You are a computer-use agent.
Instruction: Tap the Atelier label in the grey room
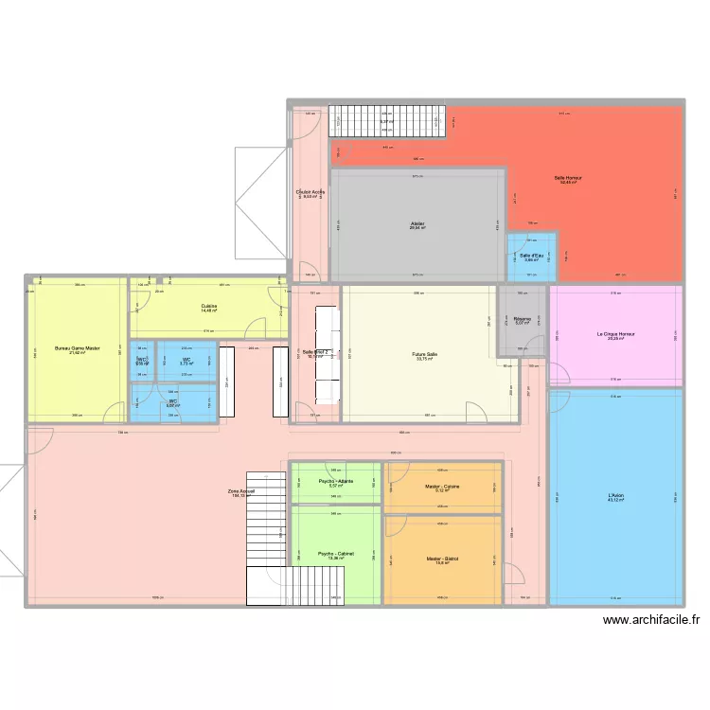coord(417,223)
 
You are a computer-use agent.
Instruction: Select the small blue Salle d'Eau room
coord(530,257)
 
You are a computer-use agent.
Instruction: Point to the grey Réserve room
coord(524,321)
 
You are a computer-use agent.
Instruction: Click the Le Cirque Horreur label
coord(615,334)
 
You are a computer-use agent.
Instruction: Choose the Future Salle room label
coord(424,355)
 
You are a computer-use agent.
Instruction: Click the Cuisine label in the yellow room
coord(208,306)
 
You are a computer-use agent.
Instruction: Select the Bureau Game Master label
coord(77,348)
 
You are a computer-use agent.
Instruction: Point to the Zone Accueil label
coord(241,491)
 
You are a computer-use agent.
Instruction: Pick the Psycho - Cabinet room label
coord(336,554)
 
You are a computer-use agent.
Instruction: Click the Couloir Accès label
coord(311,192)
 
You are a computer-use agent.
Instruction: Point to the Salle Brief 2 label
coord(314,352)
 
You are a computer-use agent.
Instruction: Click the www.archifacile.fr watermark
coord(650,621)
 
